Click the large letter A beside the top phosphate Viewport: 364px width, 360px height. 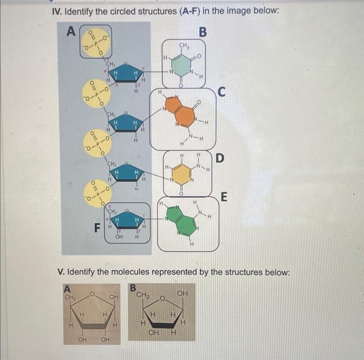coord(72,32)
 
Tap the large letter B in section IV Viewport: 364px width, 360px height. coord(203,32)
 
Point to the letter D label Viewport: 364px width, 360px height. coord(220,158)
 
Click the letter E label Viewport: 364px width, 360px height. coord(224,197)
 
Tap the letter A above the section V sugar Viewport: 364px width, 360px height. coord(66,287)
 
